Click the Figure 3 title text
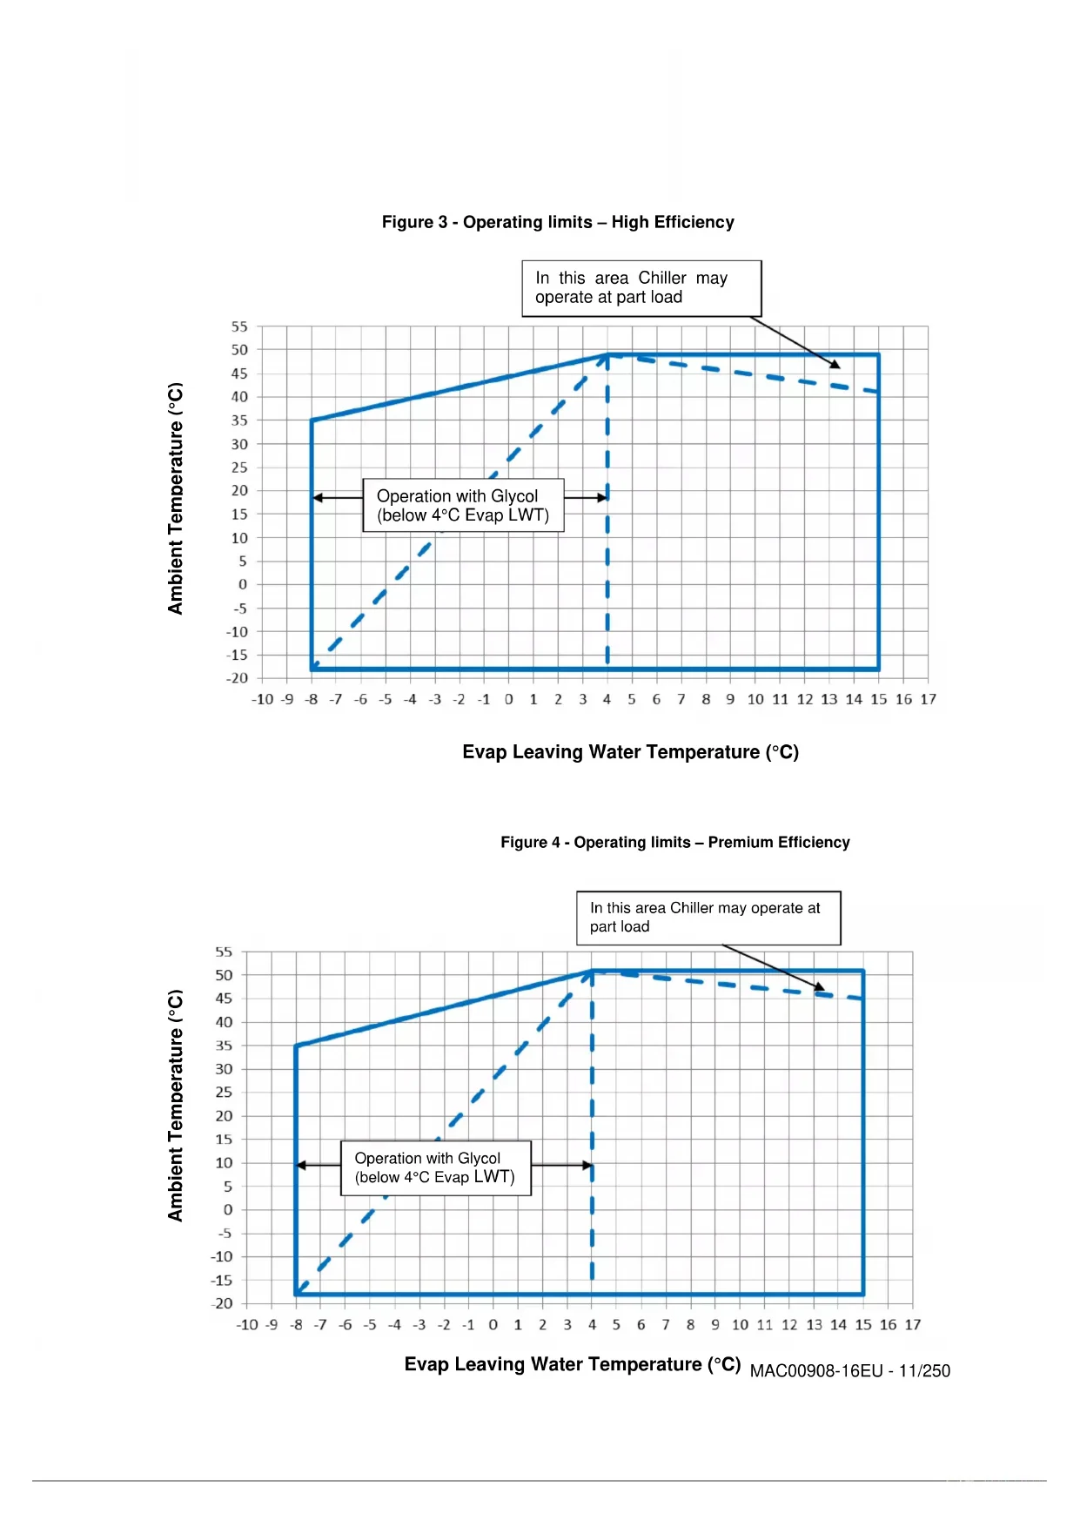pyautogui.click(x=558, y=222)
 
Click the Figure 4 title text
pyautogui.click(x=674, y=842)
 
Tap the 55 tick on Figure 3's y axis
pyautogui.click(x=239, y=326)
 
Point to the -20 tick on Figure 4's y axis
pyautogui.click(x=224, y=1303)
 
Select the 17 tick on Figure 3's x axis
pyautogui.click(x=929, y=699)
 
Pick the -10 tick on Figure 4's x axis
pyautogui.click(x=247, y=1324)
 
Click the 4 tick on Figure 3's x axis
pyautogui.click(x=607, y=699)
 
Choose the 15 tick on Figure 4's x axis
pyautogui.click(x=863, y=1324)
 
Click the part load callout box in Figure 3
pyautogui.click(x=641, y=288)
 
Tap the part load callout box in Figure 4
pyautogui.click(x=708, y=918)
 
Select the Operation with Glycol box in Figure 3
pyautogui.click(x=463, y=505)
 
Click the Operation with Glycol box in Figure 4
pyautogui.click(x=435, y=1167)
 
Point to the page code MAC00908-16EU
pyautogui.click(x=849, y=1371)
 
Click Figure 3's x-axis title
pyautogui.click(x=630, y=752)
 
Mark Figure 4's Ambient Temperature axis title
pyautogui.click(x=176, y=1106)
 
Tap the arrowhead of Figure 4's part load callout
pyautogui.click(x=820, y=987)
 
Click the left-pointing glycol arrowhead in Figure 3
pyautogui.click(x=318, y=498)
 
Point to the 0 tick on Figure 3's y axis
pyautogui.click(x=243, y=584)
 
